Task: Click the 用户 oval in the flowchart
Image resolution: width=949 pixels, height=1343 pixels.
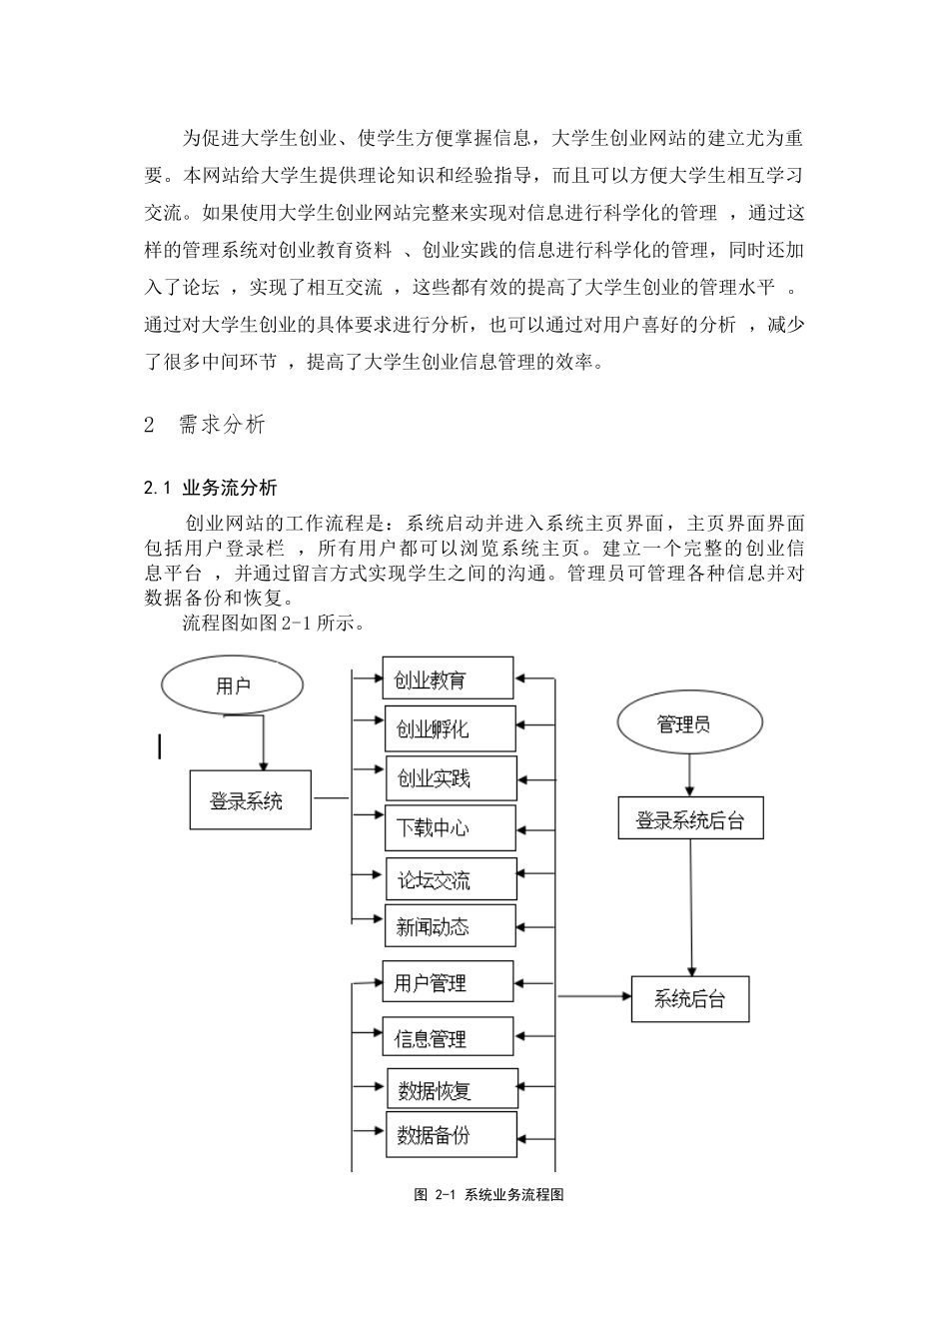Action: click(233, 685)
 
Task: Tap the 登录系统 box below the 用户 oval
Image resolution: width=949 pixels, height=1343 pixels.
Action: click(250, 800)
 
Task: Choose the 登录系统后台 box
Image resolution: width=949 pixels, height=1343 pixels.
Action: click(690, 819)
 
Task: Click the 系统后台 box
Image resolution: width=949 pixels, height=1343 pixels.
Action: click(690, 998)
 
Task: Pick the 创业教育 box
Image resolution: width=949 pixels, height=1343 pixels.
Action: click(448, 679)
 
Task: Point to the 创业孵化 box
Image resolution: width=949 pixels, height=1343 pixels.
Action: click(450, 728)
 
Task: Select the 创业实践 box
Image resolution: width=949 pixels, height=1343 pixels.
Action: click(451, 777)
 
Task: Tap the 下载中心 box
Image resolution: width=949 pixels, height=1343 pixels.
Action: click(451, 827)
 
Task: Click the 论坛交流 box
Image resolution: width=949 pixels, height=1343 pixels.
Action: click(452, 880)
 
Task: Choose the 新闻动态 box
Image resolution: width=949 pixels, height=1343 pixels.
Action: click(451, 926)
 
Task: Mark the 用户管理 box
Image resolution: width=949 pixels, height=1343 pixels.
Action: click(448, 983)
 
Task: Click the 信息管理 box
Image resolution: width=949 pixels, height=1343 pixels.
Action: click(448, 1038)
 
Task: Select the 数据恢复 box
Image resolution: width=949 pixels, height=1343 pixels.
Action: click(452, 1089)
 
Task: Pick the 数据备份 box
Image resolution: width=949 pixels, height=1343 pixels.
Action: click(452, 1135)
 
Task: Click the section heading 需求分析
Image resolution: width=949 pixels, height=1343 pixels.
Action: click(222, 425)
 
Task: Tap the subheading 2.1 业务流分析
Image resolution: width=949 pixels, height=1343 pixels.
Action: click(211, 489)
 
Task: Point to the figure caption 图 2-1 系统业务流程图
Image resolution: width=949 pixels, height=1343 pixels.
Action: click(488, 1195)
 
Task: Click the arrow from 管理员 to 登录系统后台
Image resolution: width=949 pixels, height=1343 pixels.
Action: click(688, 773)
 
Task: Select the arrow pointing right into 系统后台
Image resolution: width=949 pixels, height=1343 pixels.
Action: click(593, 996)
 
